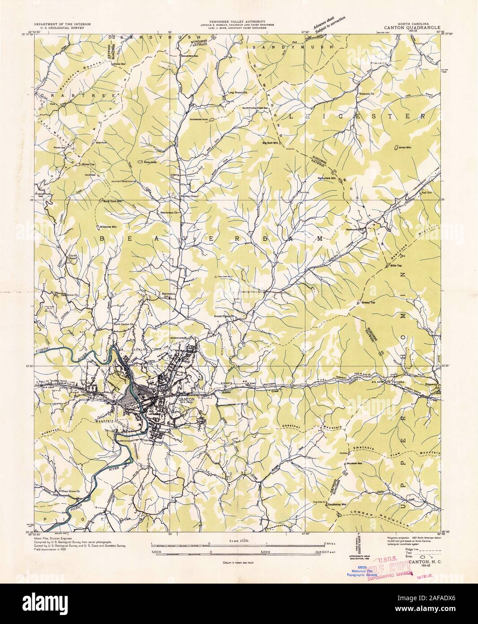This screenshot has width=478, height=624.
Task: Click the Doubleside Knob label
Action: point(199,119)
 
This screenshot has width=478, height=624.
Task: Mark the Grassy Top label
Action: point(368,303)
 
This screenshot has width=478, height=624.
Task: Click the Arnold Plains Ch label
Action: point(225,316)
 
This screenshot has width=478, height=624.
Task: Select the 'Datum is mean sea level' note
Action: point(238,562)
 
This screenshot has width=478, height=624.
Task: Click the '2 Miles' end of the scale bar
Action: point(329,543)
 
